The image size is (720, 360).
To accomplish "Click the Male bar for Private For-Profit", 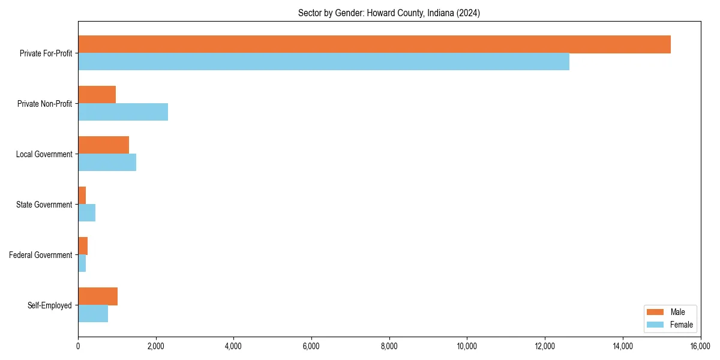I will [374, 44].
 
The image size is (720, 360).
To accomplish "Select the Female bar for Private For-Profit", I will [323, 62].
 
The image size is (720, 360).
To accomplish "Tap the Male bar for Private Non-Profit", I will [97, 95].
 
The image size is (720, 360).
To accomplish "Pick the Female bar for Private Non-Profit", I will [123, 112].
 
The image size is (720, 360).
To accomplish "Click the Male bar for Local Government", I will [103, 145].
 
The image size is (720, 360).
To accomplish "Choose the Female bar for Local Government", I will [107, 163].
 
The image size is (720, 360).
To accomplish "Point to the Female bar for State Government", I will [86, 213].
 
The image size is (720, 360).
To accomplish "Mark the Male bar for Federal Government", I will [83, 246].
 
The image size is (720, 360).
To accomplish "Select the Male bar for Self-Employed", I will [98, 296].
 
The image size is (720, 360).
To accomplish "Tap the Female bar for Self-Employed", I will [93, 314].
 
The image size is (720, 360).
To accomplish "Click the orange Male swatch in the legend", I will [655, 312].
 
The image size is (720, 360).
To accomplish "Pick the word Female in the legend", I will [682, 325].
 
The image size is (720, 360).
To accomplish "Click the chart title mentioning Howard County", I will [389, 13].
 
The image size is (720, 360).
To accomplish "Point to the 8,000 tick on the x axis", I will [389, 346].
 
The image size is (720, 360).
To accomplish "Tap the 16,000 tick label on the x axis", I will [700, 346].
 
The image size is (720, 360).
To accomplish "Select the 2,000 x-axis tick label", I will [155, 346].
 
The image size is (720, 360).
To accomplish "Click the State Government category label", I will [44, 205].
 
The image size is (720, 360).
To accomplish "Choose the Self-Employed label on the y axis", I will [50, 305].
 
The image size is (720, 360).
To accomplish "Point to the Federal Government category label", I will [41, 255].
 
